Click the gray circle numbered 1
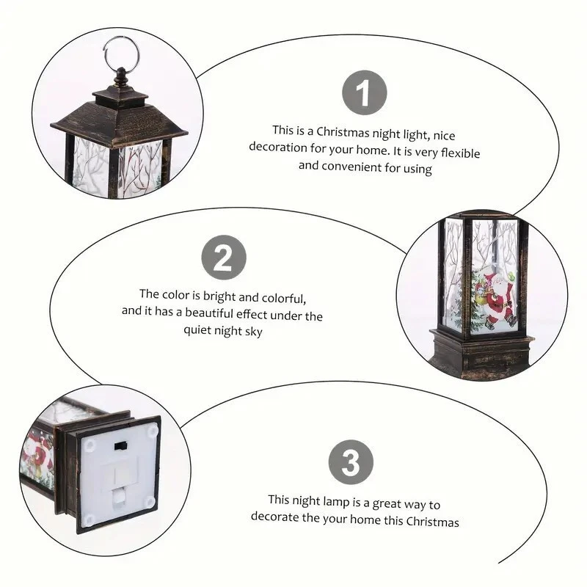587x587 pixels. (364, 93)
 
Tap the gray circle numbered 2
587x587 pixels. (224, 258)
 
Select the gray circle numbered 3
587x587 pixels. (351, 462)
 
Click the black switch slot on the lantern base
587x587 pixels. (120, 446)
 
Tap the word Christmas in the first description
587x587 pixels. (343, 133)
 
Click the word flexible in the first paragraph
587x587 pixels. (460, 153)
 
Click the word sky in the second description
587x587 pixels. (253, 332)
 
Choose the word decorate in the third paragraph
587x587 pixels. (274, 517)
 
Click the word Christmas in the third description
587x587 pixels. (433, 522)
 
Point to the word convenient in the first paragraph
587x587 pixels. (351, 167)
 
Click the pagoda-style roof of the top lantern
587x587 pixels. (119, 119)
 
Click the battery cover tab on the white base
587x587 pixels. (118, 498)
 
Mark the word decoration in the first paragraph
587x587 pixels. (278, 147)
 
